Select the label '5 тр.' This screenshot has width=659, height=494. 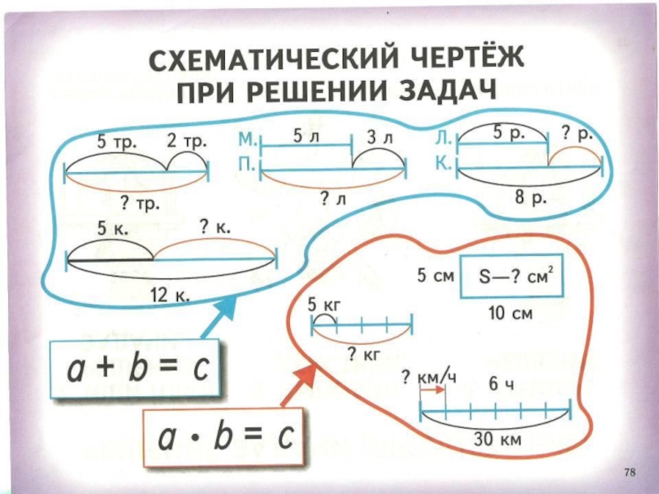point(118,141)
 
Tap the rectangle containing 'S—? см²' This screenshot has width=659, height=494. point(509,278)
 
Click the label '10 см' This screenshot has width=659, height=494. point(511,314)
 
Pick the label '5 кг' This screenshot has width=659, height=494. point(324,305)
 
